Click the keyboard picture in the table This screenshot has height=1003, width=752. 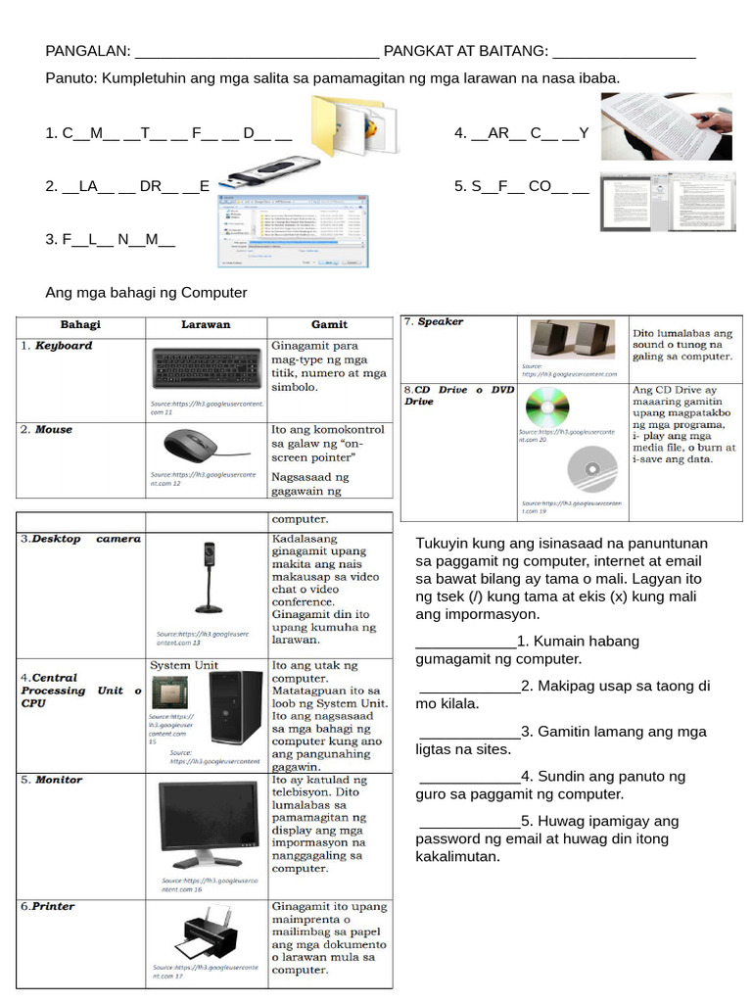click(x=207, y=369)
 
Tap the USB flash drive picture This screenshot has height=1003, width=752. click(x=264, y=176)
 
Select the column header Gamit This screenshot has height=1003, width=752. click(x=329, y=324)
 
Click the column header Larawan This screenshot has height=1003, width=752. click(x=206, y=324)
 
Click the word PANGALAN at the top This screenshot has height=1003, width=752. click(x=88, y=51)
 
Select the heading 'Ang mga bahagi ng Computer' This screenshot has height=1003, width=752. click(x=146, y=293)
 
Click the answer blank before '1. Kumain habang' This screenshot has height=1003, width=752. click(x=466, y=642)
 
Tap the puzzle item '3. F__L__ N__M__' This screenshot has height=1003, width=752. click(x=110, y=239)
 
